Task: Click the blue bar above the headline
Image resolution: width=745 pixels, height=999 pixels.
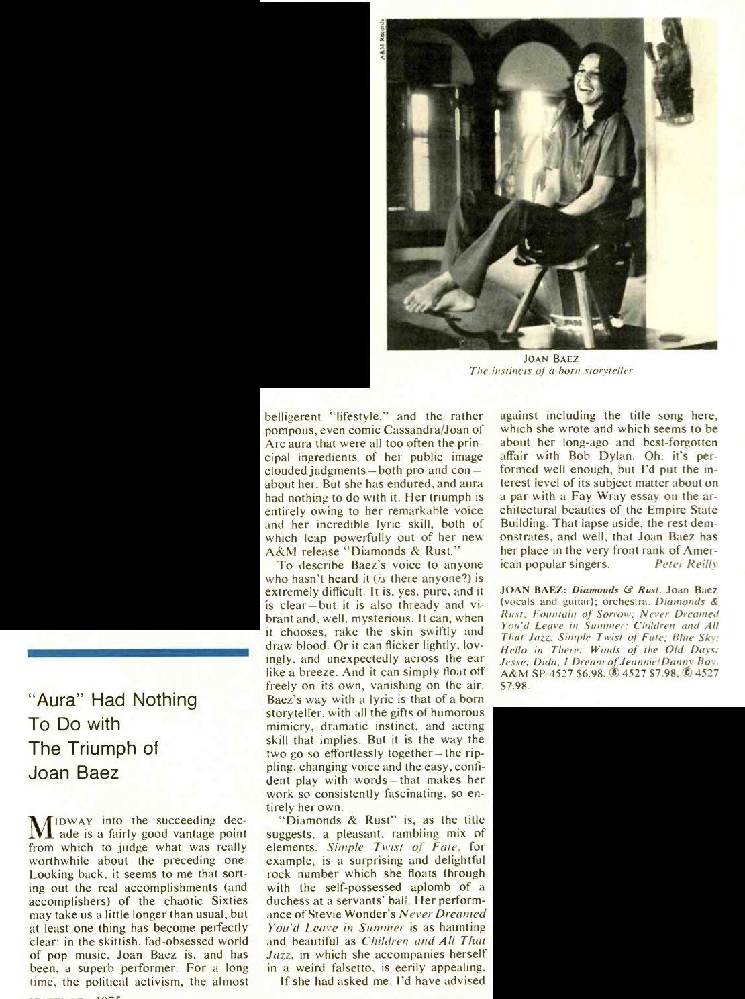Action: [138, 652]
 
